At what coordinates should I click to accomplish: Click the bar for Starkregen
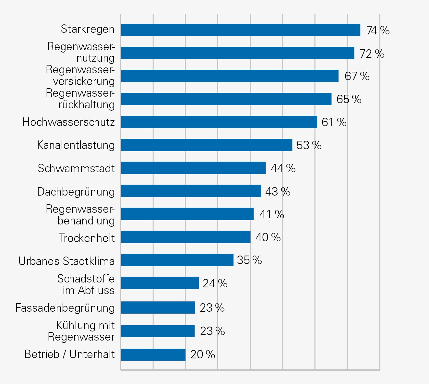pos(240,30)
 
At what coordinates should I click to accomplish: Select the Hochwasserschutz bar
pos(219,122)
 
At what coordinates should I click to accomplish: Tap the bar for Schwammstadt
pos(193,168)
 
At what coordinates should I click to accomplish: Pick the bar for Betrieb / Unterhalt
pos(153,354)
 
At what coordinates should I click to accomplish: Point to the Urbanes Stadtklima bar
pos(177,260)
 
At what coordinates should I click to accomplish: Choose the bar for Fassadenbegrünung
pos(158,307)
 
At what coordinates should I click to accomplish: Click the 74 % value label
pos(378,30)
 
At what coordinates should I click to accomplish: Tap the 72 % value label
pos(372,54)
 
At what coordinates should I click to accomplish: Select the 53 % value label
pos(309,145)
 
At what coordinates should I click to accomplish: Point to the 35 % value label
pos(249,260)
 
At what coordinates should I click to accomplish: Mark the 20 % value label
pos(203,354)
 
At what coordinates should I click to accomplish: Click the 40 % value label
pos(268,237)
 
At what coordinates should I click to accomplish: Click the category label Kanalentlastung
pos(76,145)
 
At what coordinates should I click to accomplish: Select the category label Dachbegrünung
pos(76,192)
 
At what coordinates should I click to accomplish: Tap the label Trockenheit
pos(87,238)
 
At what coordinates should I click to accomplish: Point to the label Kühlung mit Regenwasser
pos(81,331)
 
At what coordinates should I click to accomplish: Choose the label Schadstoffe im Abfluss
pos(86,284)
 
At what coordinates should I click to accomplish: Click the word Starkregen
pos(88,29)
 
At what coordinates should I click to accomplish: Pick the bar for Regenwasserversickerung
pos(230,76)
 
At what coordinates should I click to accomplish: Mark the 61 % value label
pos(334,122)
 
